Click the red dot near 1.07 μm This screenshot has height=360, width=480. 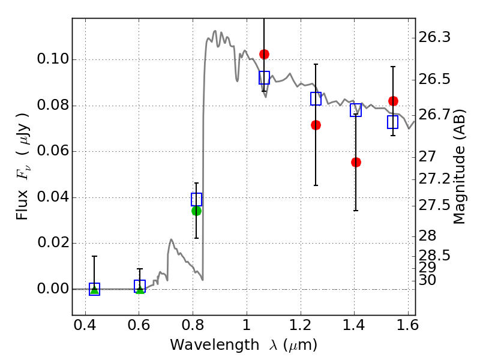pos(264,55)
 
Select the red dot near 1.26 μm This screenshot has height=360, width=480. pos(316,125)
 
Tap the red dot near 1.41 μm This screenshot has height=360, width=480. pos(356,162)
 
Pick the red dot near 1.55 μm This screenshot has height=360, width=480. pos(393,101)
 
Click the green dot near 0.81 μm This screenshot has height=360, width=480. pos(196,211)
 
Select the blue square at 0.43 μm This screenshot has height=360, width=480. pos(94,289)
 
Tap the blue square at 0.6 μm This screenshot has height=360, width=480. pos(140,286)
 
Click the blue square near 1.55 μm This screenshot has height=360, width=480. pos(393,122)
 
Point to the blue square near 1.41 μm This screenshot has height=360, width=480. pos(356,110)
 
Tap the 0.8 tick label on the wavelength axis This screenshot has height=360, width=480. pos(193,326)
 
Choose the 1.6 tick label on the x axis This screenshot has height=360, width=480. pos(408,326)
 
